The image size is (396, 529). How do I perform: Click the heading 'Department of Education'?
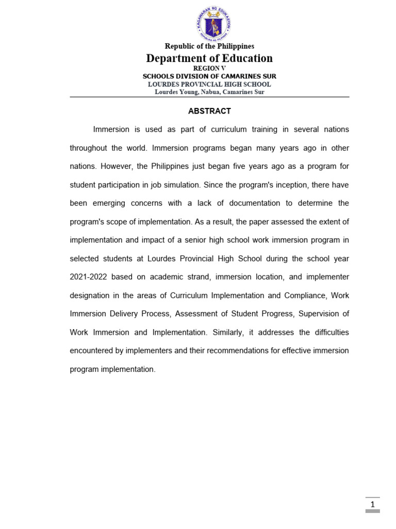(x=209, y=58)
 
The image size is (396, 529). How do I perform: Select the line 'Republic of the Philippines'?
(x=209, y=46)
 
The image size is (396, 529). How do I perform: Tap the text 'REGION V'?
(x=209, y=68)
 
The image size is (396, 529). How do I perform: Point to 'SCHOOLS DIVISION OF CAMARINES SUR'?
(x=209, y=76)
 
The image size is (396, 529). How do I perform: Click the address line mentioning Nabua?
(x=209, y=92)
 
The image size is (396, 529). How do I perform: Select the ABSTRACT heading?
(x=209, y=111)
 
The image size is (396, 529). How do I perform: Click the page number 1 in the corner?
(x=372, y=504)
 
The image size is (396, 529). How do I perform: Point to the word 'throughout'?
(x=88, y=148)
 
